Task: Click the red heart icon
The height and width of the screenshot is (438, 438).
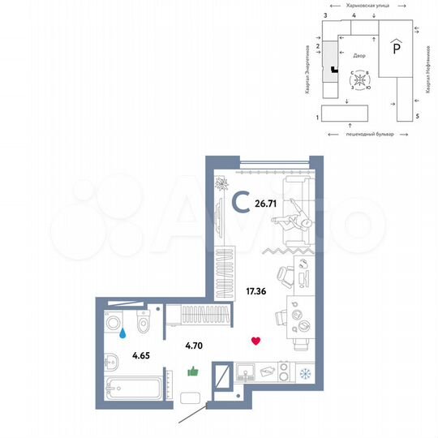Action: [255, 341]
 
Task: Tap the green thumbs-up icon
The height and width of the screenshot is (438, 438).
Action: [193, 371]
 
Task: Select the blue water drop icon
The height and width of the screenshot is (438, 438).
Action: [122, 332]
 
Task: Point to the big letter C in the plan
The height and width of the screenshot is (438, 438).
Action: [241, 201]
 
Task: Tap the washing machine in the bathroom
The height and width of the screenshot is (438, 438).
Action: [115, 322]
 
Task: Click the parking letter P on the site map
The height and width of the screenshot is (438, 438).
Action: [395, 49]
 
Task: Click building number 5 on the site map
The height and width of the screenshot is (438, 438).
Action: [416, 117]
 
